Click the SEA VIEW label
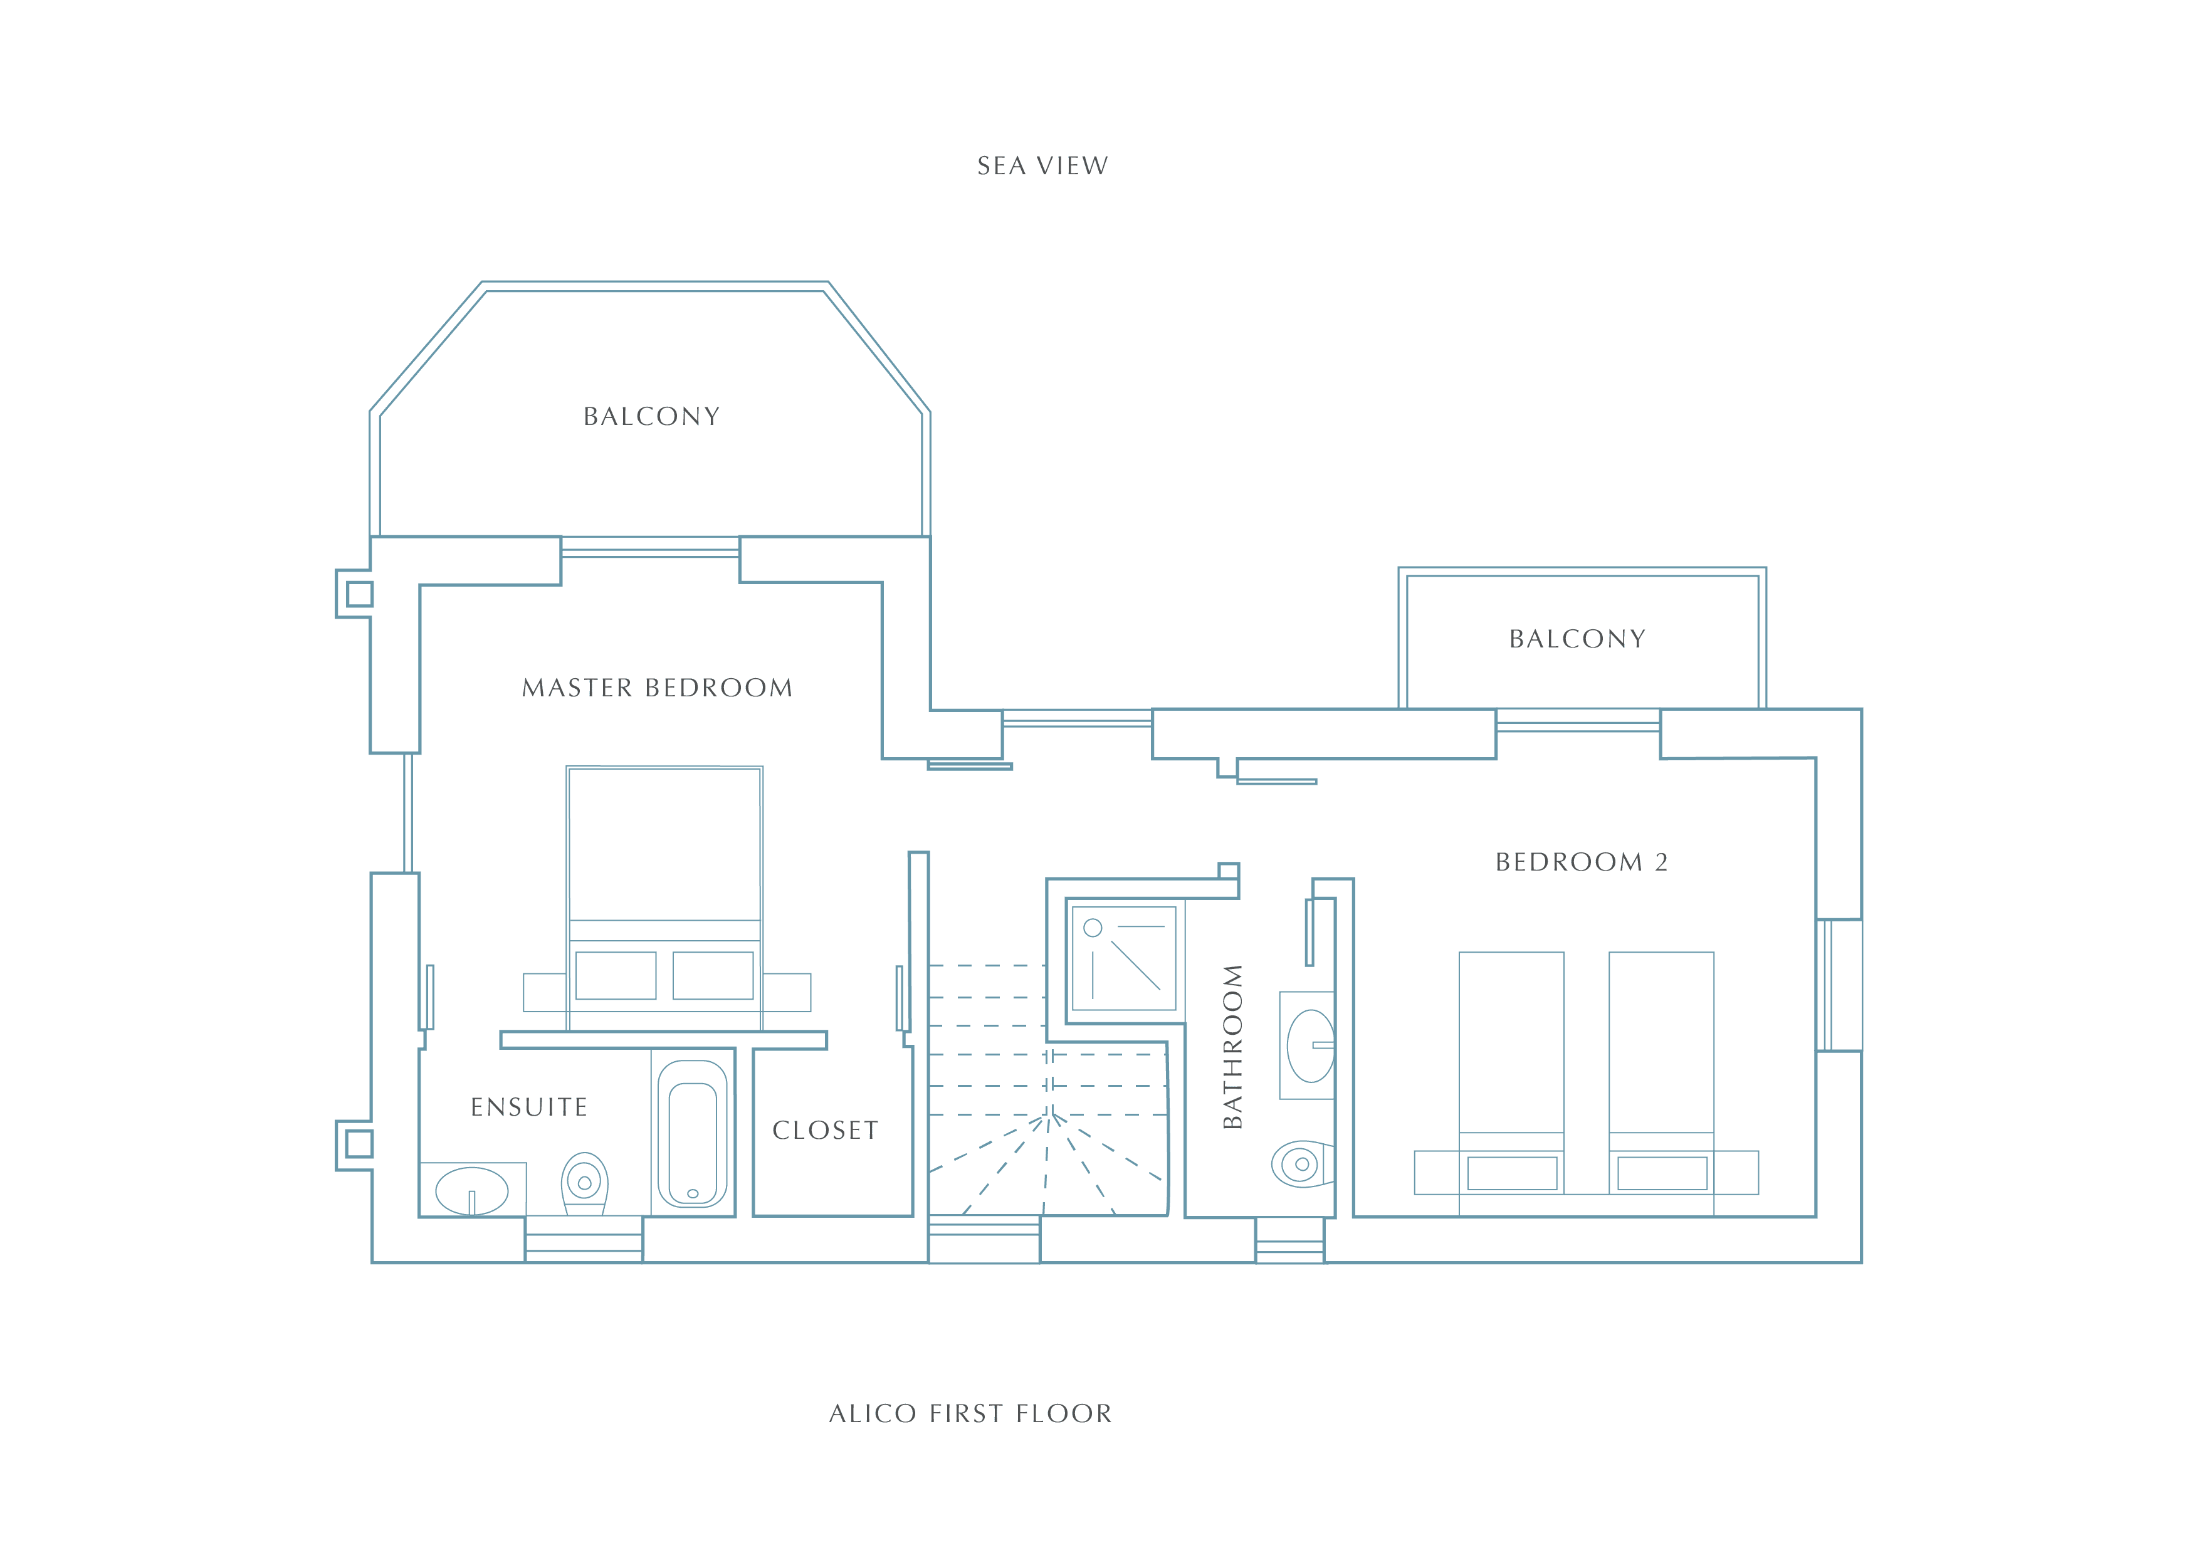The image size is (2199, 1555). point(1042,165)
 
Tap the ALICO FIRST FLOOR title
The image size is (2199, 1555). point(970,1413)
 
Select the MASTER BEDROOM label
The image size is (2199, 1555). point(657,688)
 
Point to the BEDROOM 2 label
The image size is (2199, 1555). point(1582,862)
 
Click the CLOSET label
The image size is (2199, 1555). point(825,1130)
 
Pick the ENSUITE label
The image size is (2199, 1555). point(528,1107)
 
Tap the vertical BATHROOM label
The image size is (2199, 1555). point(1232,1047)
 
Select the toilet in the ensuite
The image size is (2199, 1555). point(584,1183)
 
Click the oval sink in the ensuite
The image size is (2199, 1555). point(471,1191)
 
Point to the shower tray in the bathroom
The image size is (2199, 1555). point(1123,958)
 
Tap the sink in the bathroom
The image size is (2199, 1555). point(1310,1045)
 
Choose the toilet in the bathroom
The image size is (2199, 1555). point(1303,1165)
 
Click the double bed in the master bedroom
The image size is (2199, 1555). point(664,898)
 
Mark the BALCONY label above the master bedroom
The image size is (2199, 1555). point(651,417)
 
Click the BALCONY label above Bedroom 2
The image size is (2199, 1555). point(1577,639)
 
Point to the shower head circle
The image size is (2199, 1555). point(1093,928)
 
